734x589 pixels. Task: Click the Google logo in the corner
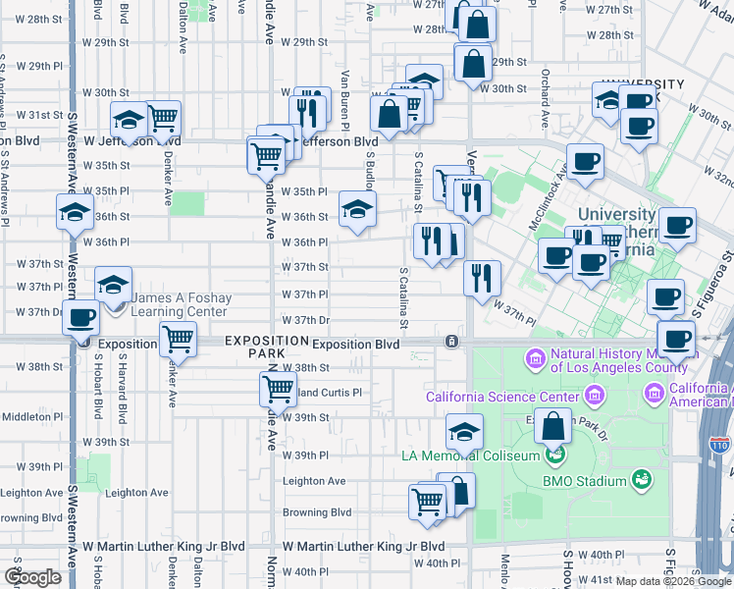pyautogui.click(x=32, y=577)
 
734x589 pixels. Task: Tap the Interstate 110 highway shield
pyautogui.click(x=719, y=444)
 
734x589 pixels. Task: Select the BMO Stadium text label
pyautogui.click(x=585, y=481)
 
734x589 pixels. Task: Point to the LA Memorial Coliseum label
pyautogui.click(x=470, y=455)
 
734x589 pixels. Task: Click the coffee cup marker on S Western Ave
pyautogui.click(x=82, y=318)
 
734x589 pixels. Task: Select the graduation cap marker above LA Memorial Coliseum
pyautogui.click(x=465, y=430)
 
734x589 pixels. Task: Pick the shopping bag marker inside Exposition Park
pyautogui.click(x=553, y=426)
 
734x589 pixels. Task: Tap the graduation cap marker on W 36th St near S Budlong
pyautogui.click(x=357, y=208)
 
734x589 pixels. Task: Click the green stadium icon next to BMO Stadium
pyautogui.click(x=641, y=479)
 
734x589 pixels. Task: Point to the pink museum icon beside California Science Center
pyautogui.click(x=592, y=395)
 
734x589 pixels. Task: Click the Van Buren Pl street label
pyautogui.click(x=345, y=99)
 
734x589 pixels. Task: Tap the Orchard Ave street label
pyautogui.click(x=544, y=98)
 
